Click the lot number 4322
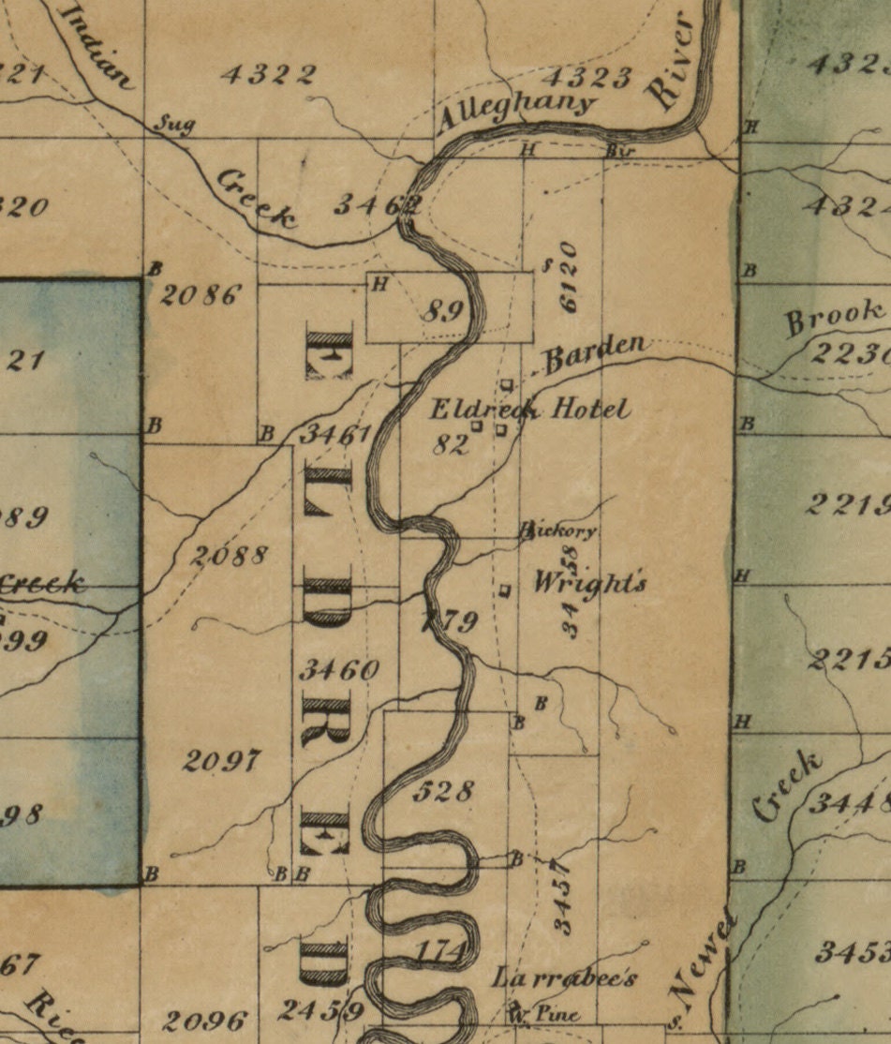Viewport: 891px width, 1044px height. pos(269,75)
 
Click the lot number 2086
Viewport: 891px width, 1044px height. pos(200,296)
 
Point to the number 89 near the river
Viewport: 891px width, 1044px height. pos(442,310)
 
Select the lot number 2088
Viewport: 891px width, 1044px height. pos(230,555)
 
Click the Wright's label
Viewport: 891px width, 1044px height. pos(589,583)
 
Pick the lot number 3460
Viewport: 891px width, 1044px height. pos(339,669)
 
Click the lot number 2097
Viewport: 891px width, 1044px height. pos(222,760)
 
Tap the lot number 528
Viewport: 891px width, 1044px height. pos(442,791)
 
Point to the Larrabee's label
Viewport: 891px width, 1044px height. pos(566,978)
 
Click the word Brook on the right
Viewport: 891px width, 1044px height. pos(834,318)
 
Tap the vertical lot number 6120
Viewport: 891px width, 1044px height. pos(567,276)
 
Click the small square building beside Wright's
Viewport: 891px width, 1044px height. pos(505,590)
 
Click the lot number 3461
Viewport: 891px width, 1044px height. pos(337,435)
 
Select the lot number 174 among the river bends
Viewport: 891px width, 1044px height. pos(440,951)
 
